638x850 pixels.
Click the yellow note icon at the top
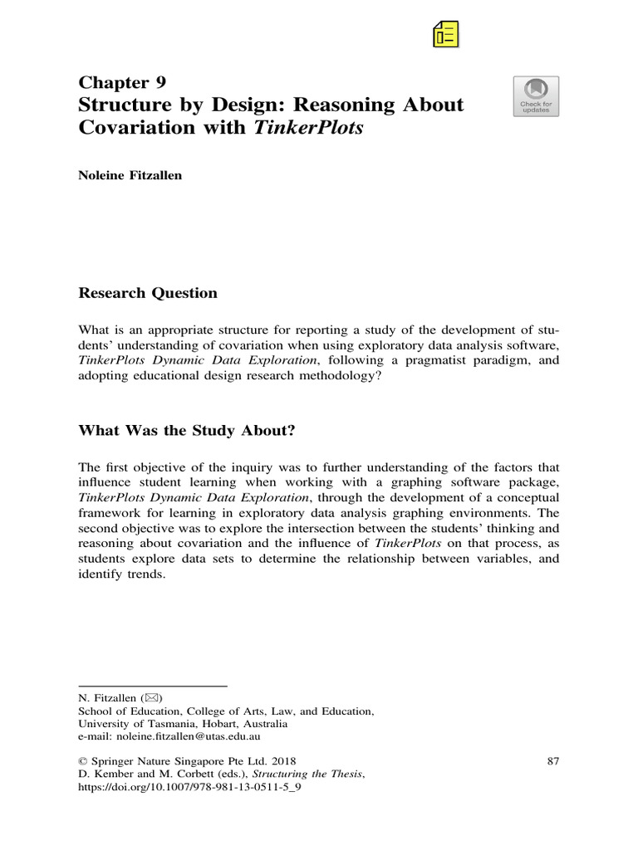446,33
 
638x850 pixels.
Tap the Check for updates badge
536,96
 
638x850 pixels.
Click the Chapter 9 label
122,81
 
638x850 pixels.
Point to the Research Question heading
148,293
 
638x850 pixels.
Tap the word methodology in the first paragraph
321,376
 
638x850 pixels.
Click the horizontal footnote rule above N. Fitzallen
152,686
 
